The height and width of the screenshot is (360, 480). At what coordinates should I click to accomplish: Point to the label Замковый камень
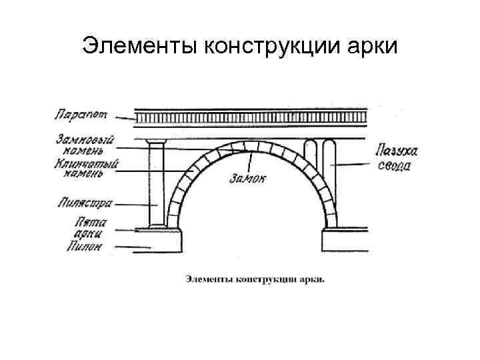pos(85,144)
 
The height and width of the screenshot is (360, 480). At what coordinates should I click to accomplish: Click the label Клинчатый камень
pos(85,167)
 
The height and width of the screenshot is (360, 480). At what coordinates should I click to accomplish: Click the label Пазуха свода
pos(392,159)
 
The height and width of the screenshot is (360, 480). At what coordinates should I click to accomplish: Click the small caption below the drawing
pos(255,278)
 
